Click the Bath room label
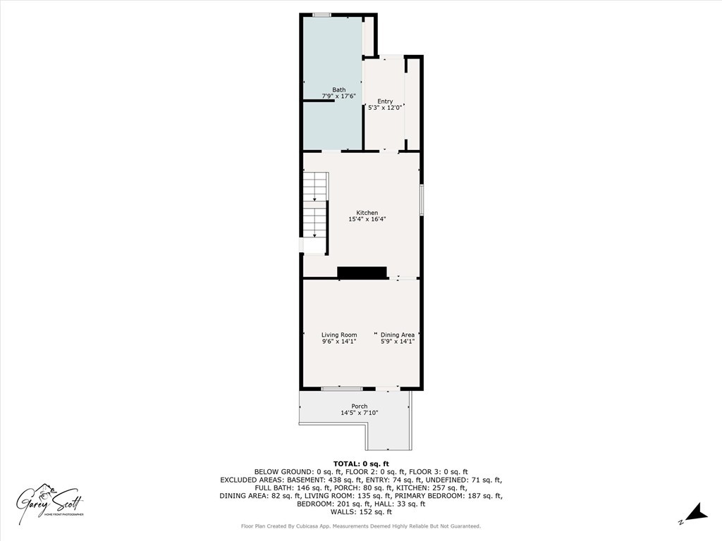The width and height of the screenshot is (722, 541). (x=339, y=89)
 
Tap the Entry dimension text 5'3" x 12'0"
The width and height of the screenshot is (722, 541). (x=385, y=108)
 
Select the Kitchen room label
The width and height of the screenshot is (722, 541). (x=367, y=213)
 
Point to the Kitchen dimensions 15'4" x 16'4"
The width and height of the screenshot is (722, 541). (x=367, y=220)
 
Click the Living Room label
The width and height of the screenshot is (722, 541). (x=339, y=335)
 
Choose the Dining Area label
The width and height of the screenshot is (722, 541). (x=398, y=335)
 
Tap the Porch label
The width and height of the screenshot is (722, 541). (x=360, y=406)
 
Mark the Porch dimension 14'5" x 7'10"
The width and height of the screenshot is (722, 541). (x=360, y=413)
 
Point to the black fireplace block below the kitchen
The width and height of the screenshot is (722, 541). (x=362, y=273)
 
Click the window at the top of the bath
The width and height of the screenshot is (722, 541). (x=323, y=15)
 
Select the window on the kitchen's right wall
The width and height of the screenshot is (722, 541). (x=422, y=199)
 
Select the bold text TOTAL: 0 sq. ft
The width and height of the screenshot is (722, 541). (x=361, y=464)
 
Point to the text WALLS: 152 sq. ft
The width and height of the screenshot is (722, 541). (x=361, y=511)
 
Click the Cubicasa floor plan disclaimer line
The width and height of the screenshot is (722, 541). (x=361, y=526)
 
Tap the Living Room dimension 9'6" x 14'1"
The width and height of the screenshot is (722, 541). (x=339, y=342)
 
